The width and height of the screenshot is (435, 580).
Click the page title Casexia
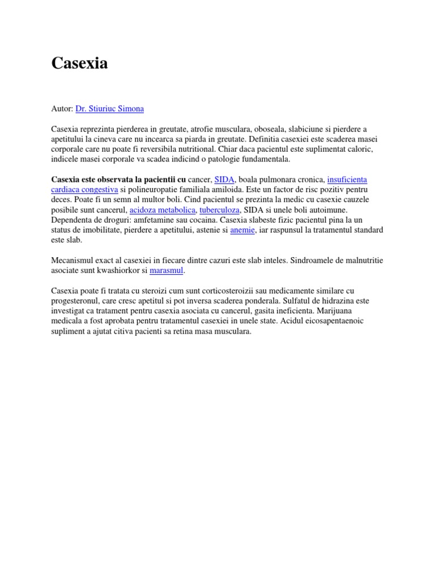(79, 63)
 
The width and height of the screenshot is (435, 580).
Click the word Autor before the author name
(62, 108)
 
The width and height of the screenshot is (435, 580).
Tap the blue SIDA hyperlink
(225, 179)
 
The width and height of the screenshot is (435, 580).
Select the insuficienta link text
(347, 179)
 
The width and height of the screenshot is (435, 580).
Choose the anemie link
(243, 230)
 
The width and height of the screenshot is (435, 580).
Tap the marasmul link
(167, 271)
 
